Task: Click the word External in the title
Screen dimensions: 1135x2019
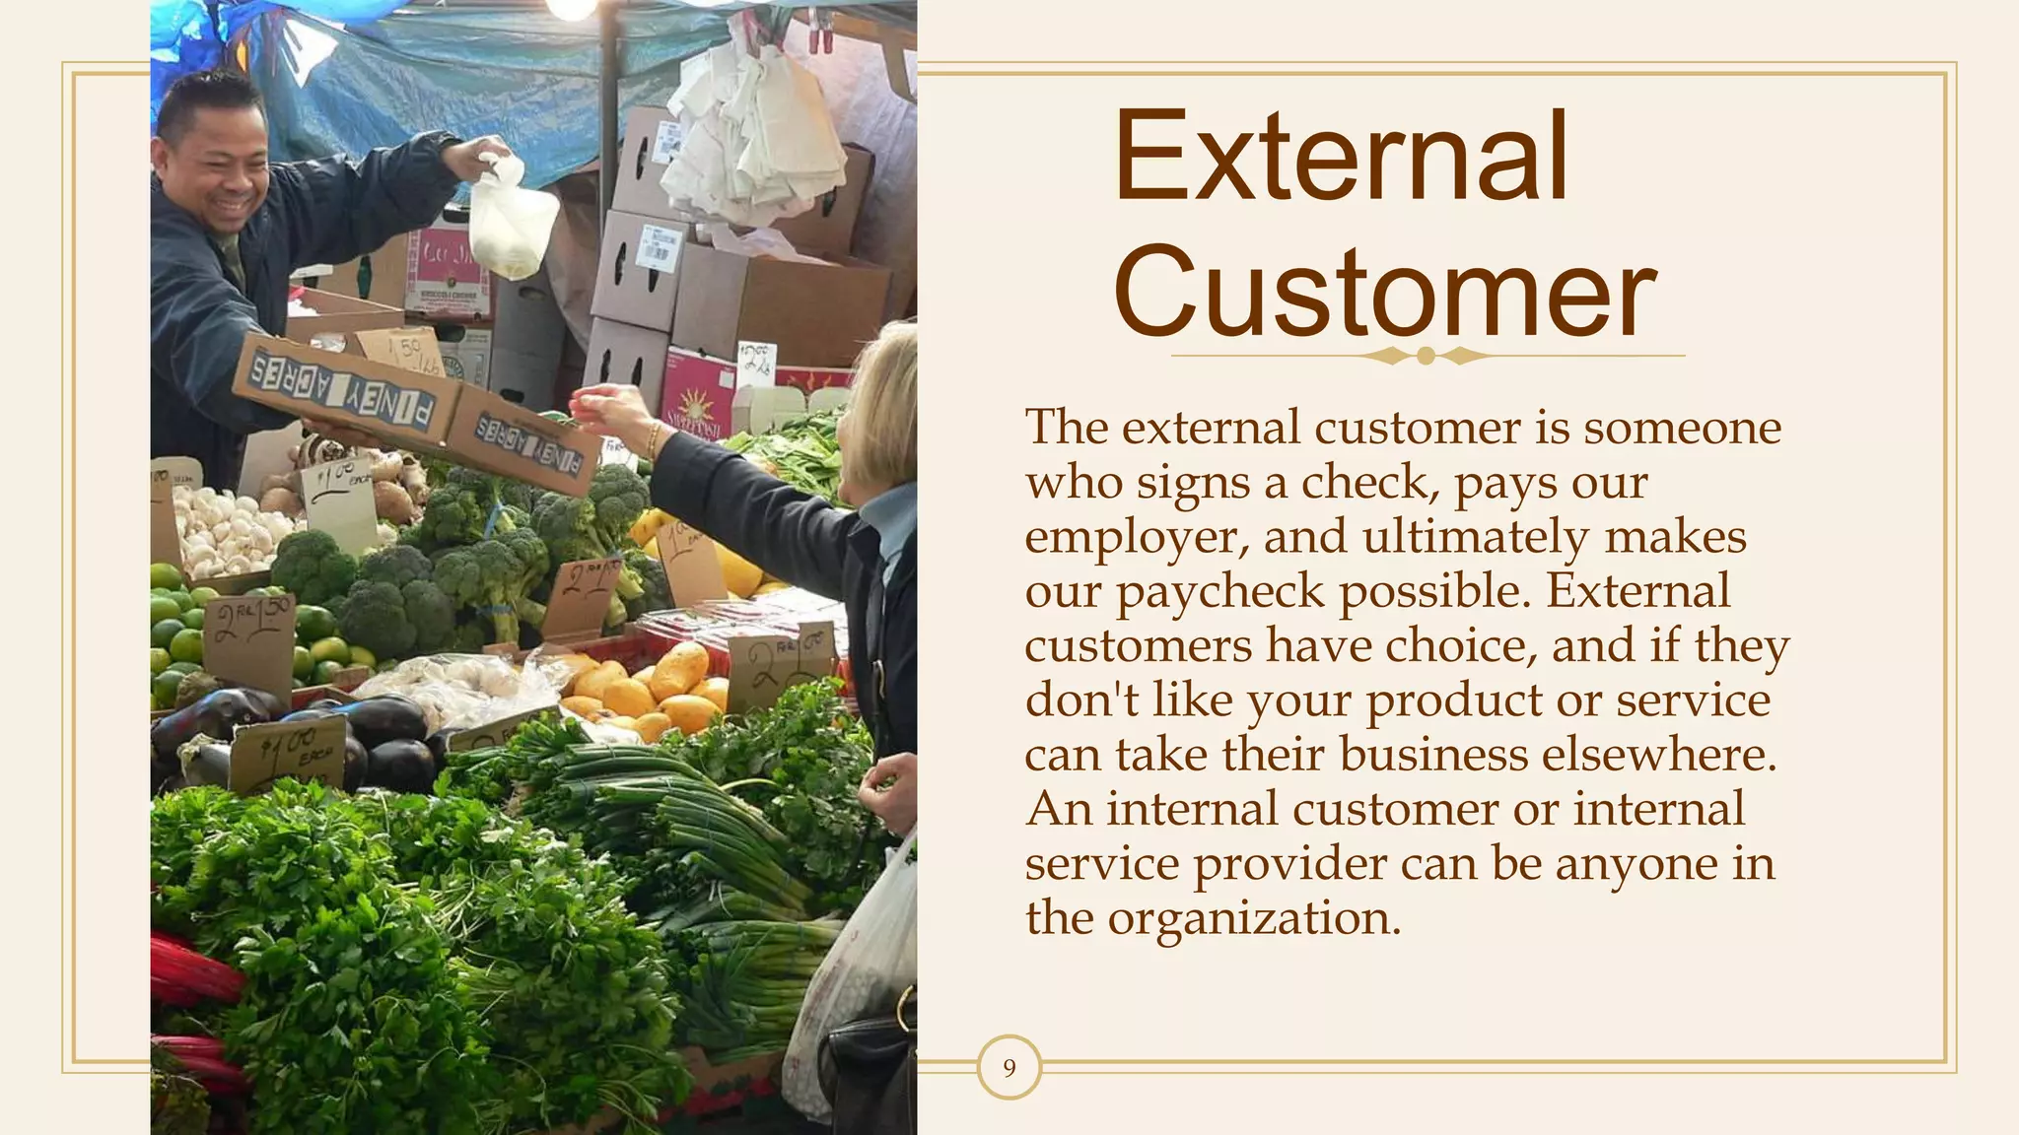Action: (1341, 158)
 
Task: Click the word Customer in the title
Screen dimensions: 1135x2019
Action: (1385, 293)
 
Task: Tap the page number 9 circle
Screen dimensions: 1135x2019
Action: (1009, 1068)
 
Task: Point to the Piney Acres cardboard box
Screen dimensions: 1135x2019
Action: (414, 409)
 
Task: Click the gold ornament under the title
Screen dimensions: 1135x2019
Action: (1426, 356)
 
